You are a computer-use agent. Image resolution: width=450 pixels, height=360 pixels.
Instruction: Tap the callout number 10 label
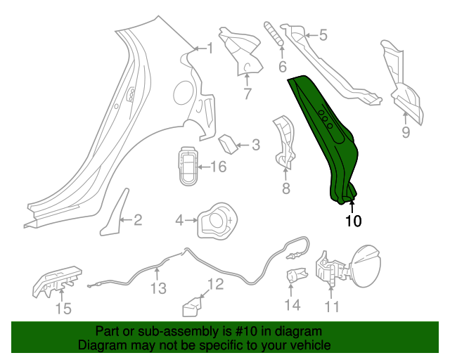353,221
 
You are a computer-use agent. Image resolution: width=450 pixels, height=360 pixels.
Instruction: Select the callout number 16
218,167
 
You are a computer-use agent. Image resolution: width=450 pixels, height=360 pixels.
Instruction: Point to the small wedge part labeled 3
228,143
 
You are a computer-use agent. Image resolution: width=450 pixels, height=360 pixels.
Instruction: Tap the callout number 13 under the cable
157,288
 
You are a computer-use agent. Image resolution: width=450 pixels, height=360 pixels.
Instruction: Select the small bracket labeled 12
192,307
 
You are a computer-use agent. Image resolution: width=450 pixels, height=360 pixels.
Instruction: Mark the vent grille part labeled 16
188,167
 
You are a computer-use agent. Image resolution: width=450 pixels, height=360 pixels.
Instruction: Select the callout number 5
323,34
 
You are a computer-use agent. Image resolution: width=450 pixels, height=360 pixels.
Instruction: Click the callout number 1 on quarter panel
209,48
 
